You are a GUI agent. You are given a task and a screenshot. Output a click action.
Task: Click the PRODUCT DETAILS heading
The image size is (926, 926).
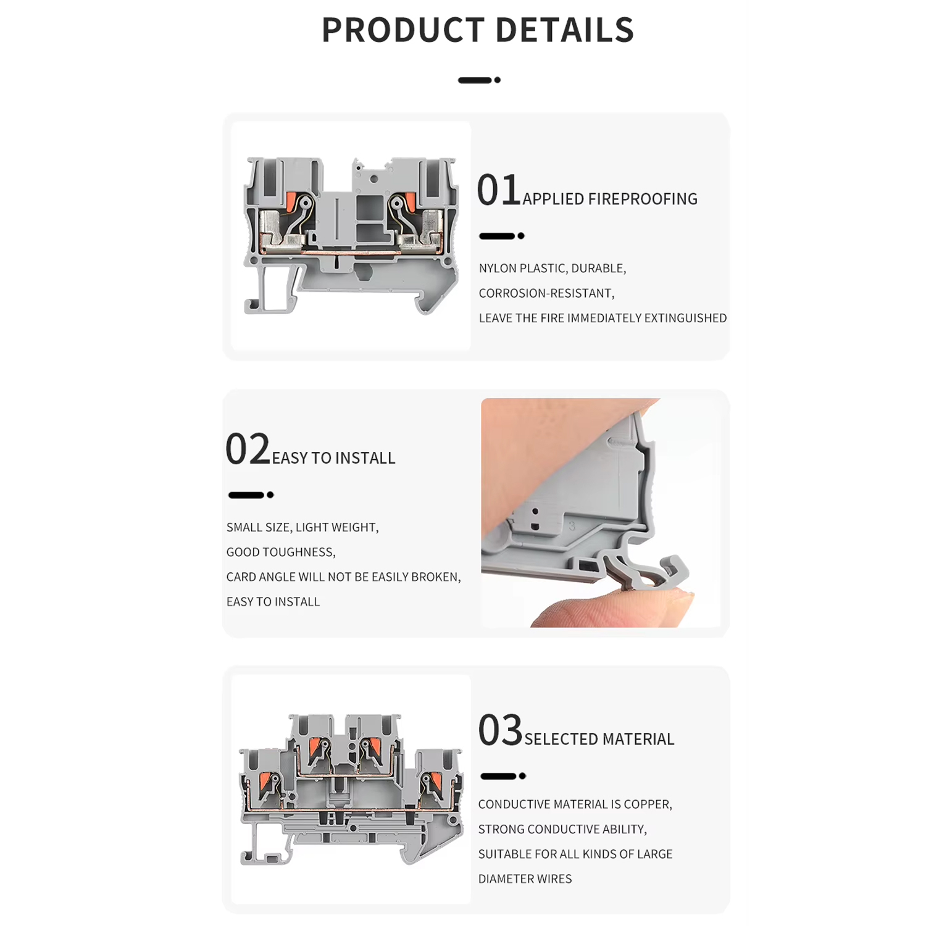pyautogui.click(x=478, y=30)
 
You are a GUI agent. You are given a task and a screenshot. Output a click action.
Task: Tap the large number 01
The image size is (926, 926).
pyautogui.click(x=499, y=190)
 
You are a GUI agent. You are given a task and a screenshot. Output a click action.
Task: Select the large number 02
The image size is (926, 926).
pyautogui.click(x=248, y=449)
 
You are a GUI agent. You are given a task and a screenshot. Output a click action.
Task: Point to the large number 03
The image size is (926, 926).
pyautogui.click(x=500, y=730)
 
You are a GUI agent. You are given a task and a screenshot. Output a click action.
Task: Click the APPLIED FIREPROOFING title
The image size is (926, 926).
pyautogui.click(x=610, y=199)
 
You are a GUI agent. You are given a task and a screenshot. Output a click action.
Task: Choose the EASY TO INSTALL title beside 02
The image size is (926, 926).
pyautogui.click(x=333, y=458)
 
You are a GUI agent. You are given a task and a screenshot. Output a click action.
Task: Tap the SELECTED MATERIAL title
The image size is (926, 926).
pyautogui.click(x=599, y=739)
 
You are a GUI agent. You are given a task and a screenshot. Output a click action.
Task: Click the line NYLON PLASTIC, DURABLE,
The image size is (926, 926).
pyautogui.click(x=553, y=269)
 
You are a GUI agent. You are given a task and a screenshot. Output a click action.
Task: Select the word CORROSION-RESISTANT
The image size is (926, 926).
pyautogui.click(x=545, y=293)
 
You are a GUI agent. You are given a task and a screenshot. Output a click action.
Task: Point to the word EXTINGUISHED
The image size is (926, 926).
pyautogui.click(x=685, y=318)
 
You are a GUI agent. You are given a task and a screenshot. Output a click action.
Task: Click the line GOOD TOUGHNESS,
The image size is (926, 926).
pyautogui.click(x=281, y=553)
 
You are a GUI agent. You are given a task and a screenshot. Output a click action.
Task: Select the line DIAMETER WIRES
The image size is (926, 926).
pyautogui.click(x=525, y=879)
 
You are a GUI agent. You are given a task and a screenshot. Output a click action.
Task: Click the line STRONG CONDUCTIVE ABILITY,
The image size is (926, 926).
pyautogui.click(x=562, y=830)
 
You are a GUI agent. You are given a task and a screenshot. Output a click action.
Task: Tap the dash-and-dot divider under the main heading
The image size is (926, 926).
pyautogui.click(x=479, y=80)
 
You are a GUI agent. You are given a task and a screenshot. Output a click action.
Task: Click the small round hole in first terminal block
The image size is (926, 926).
pyautogui.click(x=374, y=179)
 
